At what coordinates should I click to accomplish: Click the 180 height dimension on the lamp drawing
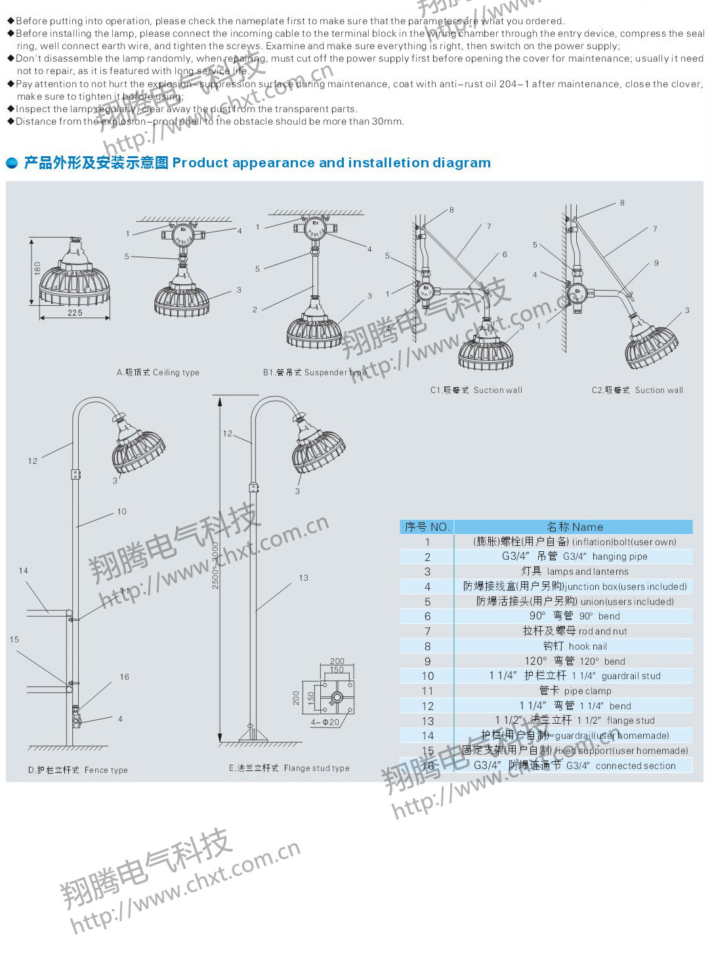(x=37, y=269)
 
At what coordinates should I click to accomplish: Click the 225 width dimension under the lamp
(x=75, y=313)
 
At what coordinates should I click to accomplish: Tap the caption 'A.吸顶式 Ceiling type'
(x=157, y=373)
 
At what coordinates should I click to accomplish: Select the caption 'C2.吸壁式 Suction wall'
(x=637, y=390)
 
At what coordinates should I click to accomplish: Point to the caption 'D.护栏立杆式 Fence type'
(x=78, y=770)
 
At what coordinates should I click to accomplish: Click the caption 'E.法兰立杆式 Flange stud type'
(x=289, y=768)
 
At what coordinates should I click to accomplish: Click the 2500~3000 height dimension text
(x=216, y=564)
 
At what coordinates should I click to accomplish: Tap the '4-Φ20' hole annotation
(x=325, y=722)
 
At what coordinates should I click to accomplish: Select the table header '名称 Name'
(x=574, y=527)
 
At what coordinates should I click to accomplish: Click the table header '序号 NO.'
(x=427, y=527)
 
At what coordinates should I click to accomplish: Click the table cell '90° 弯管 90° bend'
(x=574, y=616)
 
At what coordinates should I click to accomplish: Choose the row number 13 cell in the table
(x=428, y=721)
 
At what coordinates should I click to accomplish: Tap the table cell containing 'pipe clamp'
(x=574, y=691)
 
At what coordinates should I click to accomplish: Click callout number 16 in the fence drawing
(x=124, y=677)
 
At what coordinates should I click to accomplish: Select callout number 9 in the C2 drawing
(x=656, y=263)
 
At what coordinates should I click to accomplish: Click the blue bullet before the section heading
(x=12, y=163)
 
